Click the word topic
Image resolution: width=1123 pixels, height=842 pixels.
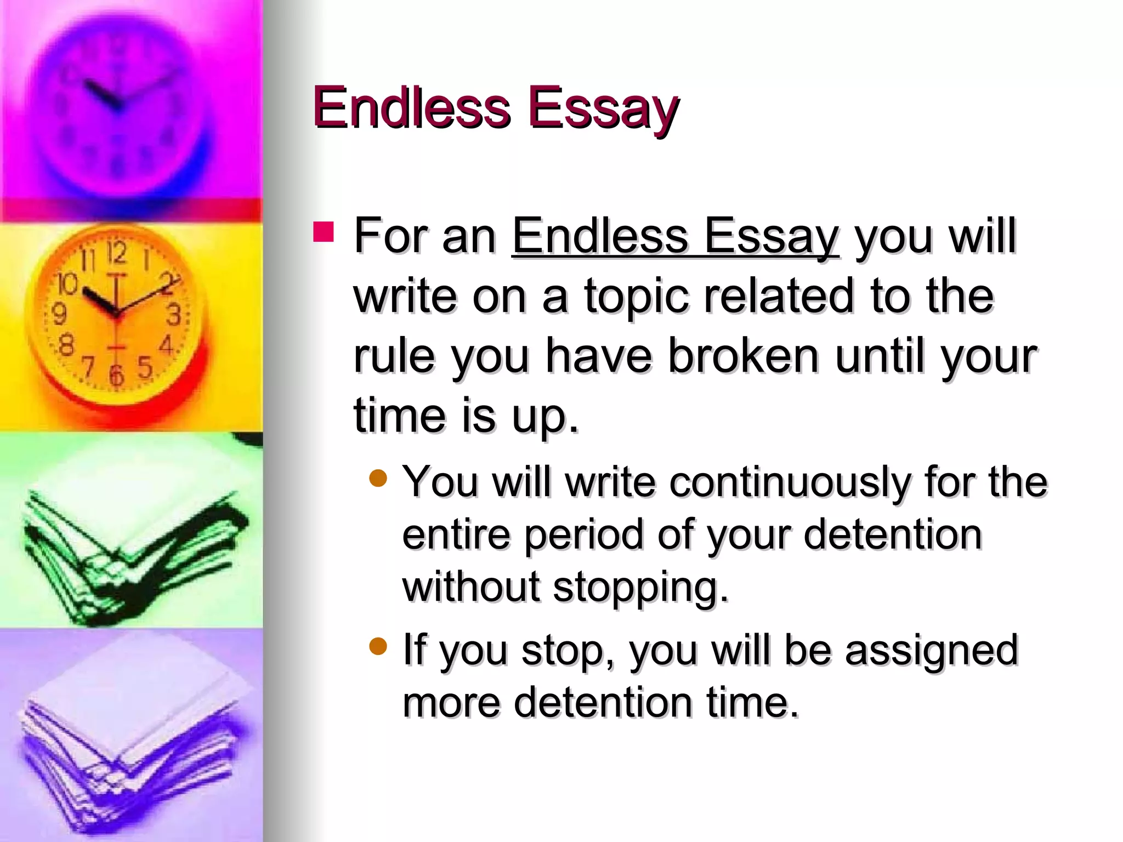[x=636, y=298]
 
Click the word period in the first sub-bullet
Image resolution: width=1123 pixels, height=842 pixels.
[x=584, y=535]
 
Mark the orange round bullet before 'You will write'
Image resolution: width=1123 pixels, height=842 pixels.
[x=378, y=478]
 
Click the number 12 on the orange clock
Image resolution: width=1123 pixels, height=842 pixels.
[x=117, y=253]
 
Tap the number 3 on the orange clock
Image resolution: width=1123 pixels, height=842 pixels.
[x=174, y=316]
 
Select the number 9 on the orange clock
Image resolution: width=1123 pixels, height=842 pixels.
[x=59, y=314]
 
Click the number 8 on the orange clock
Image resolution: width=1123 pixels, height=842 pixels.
[x=66, y=346]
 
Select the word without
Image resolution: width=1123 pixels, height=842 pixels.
[x=471, y=587]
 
